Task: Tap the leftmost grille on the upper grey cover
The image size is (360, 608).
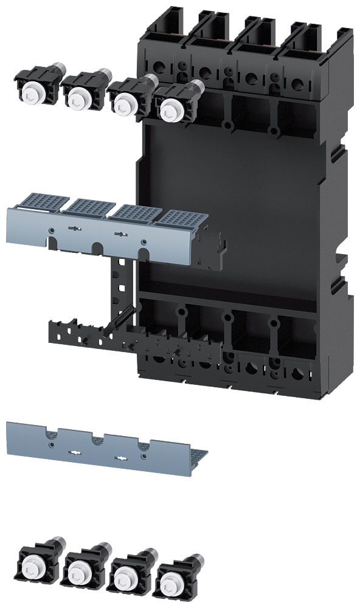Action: pyautogui.click(x=43, y=201)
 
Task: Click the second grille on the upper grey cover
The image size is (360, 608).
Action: pyautogui.click(x=90, y=207)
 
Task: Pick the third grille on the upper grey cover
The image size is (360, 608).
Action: pyautogui.click(x=136, y=213)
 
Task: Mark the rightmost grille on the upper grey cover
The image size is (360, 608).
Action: pyautogui.click(x=181, y=219)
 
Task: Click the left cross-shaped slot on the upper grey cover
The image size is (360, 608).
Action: pyautogui.click(x=74, y=229)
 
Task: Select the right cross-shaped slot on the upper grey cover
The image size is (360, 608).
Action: pyautogui.click(x=120, y=233)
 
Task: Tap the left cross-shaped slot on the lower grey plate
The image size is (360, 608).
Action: pyautogui.click(x=75, y=452)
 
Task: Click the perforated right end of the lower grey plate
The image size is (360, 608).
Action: pyautogui.click(x=195, y=454)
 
